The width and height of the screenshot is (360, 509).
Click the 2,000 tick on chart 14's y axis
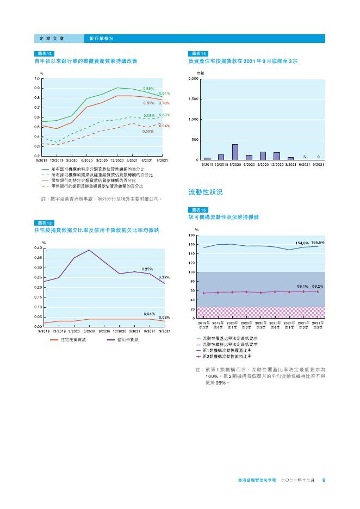click(193, 79)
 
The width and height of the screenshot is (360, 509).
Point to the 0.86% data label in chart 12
click(148, 88)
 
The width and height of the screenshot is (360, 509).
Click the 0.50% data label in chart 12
click(148, 131)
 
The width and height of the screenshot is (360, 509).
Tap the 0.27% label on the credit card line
click(147, 269)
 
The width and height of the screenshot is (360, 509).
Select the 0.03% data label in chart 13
click(165, 317)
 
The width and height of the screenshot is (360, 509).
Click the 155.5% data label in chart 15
click(318, 243)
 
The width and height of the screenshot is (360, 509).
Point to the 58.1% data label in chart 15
click(302, 286)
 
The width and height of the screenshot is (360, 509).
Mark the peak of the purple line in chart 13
click(89, 250)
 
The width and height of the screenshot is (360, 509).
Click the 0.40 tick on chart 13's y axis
click(39, 248)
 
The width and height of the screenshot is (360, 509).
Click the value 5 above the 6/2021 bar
click(304, 157)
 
